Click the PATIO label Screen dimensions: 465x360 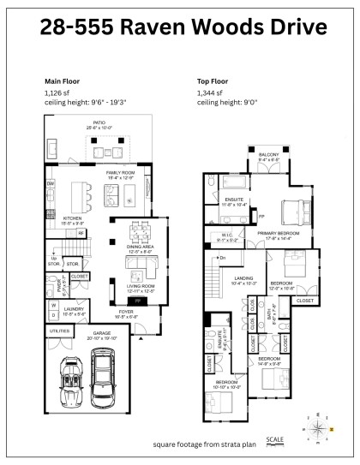click(99, 124)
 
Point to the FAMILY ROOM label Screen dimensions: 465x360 click(118, 173)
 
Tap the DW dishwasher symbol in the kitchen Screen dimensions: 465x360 click(51, 183)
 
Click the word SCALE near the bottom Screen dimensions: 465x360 click(275, 438)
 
